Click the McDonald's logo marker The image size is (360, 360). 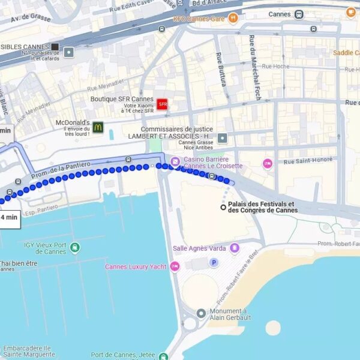pos(98,127)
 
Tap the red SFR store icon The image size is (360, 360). pos(161,104)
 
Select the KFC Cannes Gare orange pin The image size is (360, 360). pos(233,19)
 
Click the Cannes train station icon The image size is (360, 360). pos(299,14)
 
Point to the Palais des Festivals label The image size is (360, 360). pos(262,207)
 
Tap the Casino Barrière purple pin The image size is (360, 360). pos(175,161)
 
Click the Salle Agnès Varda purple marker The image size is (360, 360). pos(234,248)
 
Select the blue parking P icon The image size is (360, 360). pos(213,262)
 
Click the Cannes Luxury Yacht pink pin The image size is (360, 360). pos(175,266)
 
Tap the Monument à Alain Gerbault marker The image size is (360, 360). pos(201,313)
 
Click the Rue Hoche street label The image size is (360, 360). pos(275,67)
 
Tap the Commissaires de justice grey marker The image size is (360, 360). pos(223,138)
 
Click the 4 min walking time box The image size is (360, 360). pos(9,217)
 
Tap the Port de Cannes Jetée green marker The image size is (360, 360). pos(163,356)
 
